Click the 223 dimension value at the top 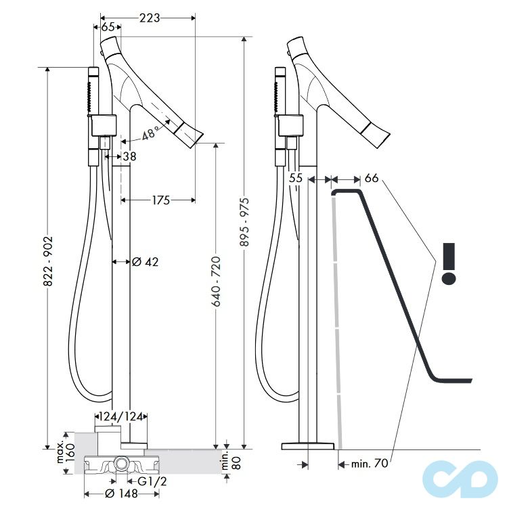click(150, 18)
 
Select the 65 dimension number click(108, 27)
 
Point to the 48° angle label click(151, 134)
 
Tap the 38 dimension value click(129, 156)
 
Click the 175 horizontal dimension click(161, 200)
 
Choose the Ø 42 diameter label click(145, 262)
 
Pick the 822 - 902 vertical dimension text click(47, 262)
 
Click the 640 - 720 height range click(216, 281)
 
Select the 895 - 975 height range click(245, 222)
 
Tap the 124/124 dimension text click(121, 416)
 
